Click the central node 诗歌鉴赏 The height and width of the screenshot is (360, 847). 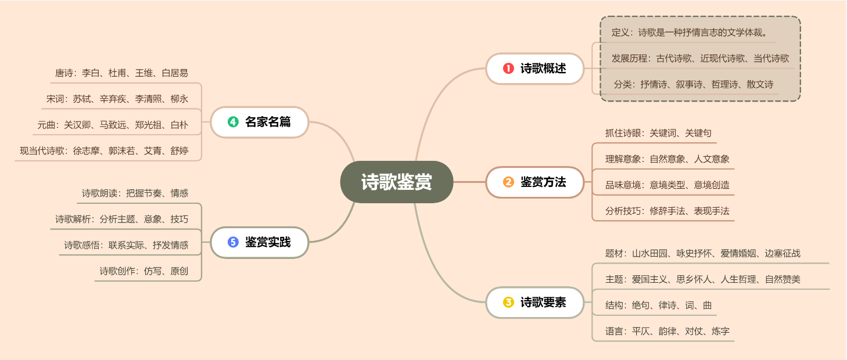point(396,182)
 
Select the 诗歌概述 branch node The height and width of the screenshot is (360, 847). point(535,69)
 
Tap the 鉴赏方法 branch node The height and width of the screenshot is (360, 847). point(535,182)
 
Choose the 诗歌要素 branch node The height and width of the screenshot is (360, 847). point(535,303)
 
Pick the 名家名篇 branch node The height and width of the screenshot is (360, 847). point(259,122)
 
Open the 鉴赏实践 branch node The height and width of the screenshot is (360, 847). point(259,242)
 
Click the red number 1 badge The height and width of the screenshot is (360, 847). point(508,69)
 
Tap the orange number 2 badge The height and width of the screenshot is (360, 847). point(508,182)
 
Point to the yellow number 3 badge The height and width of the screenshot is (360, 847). point(508,303)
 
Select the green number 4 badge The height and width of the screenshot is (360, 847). point(233,122)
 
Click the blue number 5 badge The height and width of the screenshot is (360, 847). point(233,242)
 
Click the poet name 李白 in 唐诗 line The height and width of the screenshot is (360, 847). point(91,73)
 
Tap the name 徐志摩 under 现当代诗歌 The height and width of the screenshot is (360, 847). point(86,152)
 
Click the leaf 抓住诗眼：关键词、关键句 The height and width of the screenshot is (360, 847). point(658,133)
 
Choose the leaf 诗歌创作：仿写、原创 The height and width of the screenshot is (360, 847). point(143,271)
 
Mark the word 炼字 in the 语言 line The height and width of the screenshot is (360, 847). point(720,332)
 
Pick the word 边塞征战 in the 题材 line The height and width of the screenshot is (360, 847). point(783,253)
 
